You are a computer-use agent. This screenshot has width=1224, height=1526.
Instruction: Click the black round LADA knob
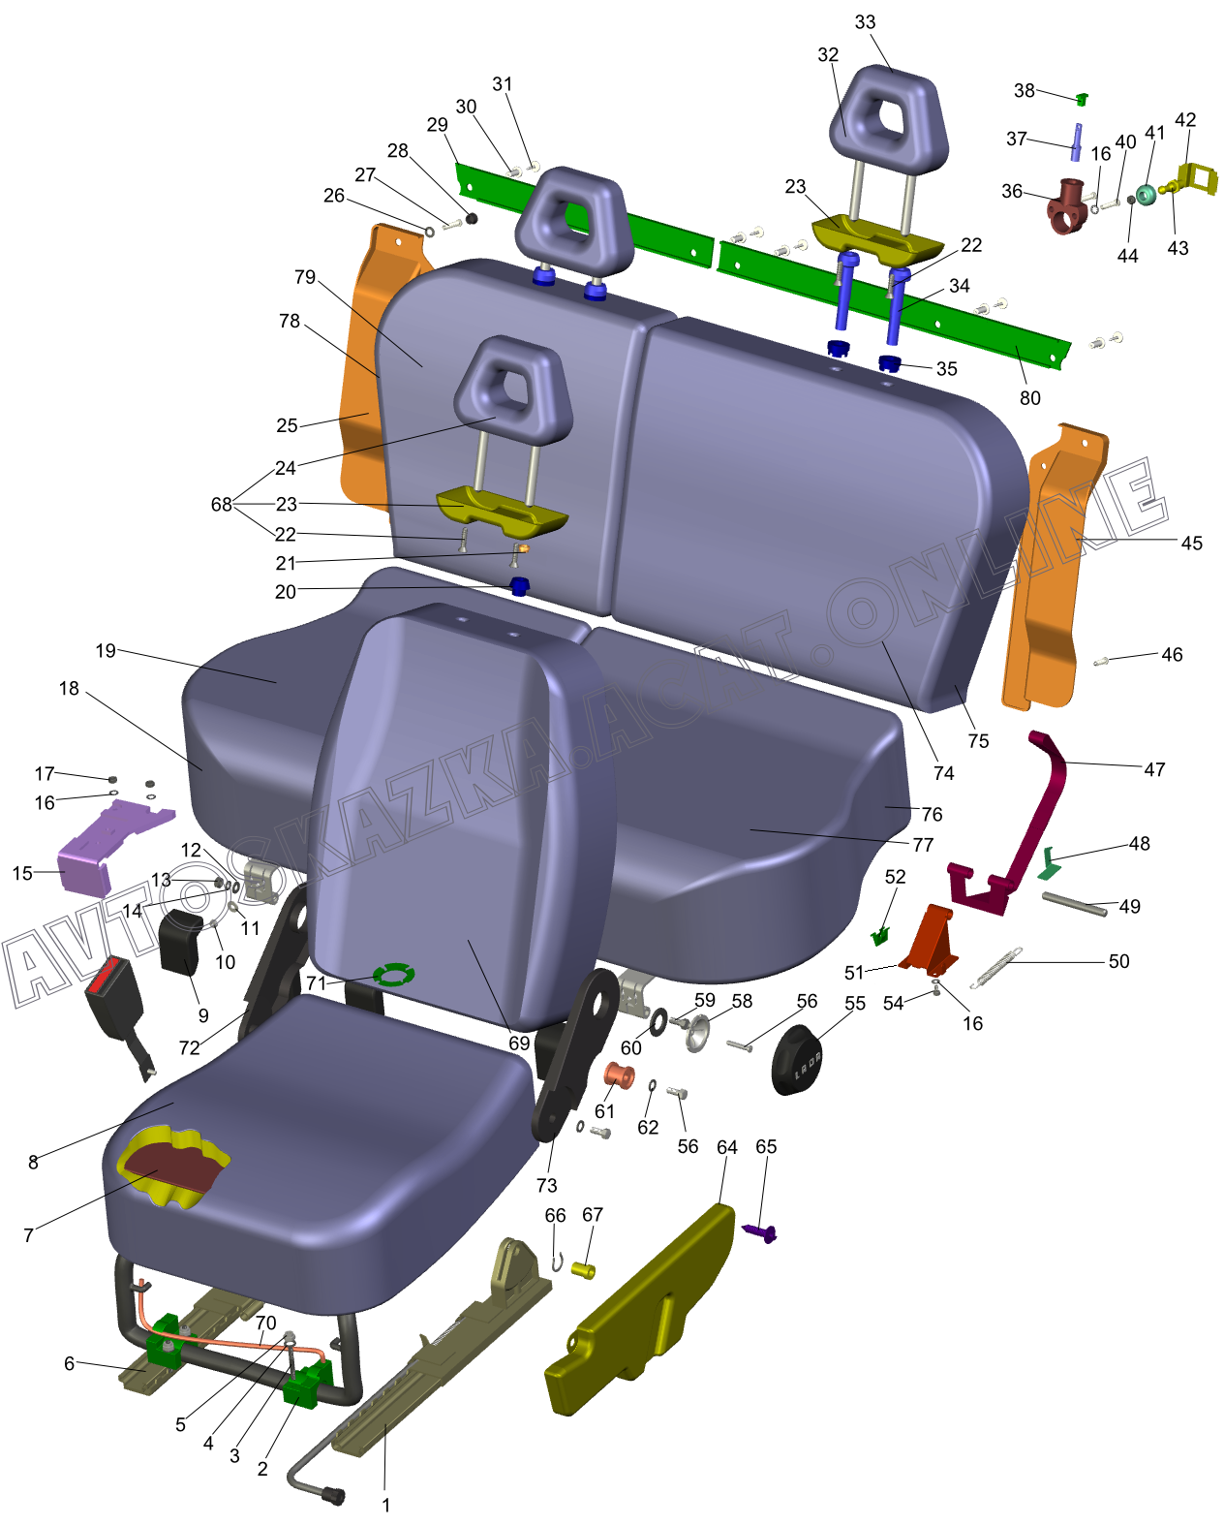tap(798, 1060)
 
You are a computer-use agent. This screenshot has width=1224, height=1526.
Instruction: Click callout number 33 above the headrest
tap(865, 22)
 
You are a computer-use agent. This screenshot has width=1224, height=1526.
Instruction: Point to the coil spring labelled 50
tap(996, 968)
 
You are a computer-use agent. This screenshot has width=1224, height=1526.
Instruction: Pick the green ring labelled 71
tap(393, 974)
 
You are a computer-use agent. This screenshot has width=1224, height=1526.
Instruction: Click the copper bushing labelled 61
tap(618, 1075)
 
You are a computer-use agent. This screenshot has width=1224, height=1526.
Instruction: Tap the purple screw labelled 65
tap(761, 1232)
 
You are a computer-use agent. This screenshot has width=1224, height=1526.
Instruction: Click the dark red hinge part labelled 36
tap(1067, 205)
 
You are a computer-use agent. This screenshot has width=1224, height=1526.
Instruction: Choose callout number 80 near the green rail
tap(1030, 398)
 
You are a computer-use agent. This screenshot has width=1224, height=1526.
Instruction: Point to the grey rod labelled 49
tap(1074, 904)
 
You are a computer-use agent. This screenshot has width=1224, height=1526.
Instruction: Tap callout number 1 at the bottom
tap(386, 1505)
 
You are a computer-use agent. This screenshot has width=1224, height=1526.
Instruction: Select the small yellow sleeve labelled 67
tap(583, 1269)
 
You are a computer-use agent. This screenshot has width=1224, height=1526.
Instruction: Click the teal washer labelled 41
tap(1146, 196)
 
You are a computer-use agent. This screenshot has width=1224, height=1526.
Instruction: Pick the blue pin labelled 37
tap(1075, 141)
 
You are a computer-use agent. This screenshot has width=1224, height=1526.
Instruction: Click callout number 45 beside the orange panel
tap(1192, 544)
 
